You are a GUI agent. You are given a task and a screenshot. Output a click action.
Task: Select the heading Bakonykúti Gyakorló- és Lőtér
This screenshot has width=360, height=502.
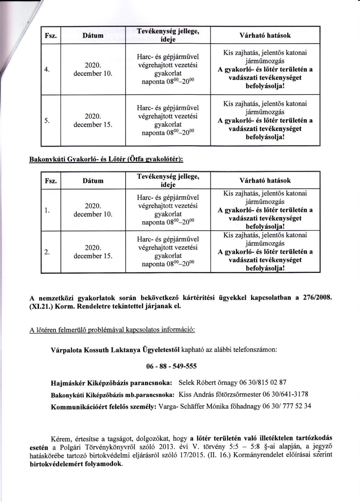106,159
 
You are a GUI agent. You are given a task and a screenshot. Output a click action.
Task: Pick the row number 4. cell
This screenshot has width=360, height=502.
47,69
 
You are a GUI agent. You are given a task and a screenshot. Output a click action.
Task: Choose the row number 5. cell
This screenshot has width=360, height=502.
47,120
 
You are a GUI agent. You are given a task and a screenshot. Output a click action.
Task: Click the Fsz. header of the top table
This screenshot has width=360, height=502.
50,35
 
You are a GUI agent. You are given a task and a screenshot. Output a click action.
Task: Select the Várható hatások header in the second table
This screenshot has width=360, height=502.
265,181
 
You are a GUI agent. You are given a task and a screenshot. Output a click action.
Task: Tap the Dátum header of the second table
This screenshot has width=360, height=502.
93,181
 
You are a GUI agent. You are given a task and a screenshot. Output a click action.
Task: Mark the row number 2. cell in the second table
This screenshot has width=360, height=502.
47,252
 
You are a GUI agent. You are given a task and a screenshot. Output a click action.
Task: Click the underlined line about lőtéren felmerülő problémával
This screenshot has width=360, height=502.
112,330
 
